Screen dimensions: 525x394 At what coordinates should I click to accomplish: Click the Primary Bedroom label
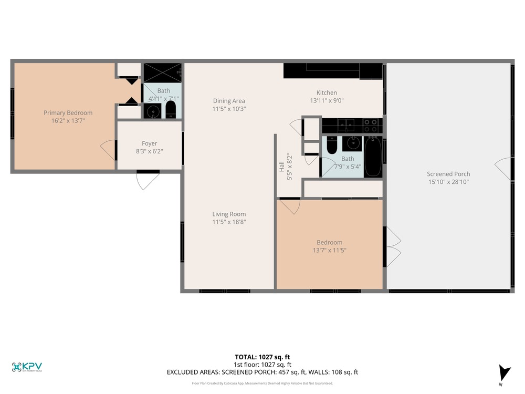click(68, 113)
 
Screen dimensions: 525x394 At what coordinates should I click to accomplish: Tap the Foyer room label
click(149, 143)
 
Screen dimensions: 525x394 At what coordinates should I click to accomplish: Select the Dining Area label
click(229, 101)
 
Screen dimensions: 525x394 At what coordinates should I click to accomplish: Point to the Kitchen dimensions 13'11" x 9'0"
click(327, 100)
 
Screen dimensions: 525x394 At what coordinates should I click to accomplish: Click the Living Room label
click(229, 214)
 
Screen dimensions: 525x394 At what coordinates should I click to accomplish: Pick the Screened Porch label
click(448, 174)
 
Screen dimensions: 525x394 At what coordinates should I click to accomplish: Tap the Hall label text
click(281, 167)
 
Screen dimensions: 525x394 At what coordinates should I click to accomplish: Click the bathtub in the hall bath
click(373, 157)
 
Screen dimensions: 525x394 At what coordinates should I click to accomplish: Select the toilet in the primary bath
click(171, 110)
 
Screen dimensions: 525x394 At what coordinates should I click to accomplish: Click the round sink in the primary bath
click(153, 111)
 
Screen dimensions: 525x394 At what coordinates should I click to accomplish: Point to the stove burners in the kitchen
click(371, 126)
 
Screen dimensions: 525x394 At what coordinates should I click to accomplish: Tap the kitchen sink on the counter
click(345, 125)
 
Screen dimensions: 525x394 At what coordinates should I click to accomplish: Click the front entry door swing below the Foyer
click(148, 181)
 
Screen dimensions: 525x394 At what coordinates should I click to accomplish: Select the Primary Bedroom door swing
click(108, 149)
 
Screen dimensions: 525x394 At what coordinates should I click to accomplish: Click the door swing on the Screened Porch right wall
click(503, 169)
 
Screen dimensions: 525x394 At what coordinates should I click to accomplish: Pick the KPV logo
click(27, 367)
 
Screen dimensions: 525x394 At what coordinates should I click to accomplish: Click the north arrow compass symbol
click(504, 373)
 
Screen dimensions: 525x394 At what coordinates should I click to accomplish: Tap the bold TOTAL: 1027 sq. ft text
click(262, 357)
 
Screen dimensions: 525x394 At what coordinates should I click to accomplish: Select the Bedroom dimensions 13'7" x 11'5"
click(330, 250)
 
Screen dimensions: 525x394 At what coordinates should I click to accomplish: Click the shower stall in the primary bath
click(163, 72)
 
